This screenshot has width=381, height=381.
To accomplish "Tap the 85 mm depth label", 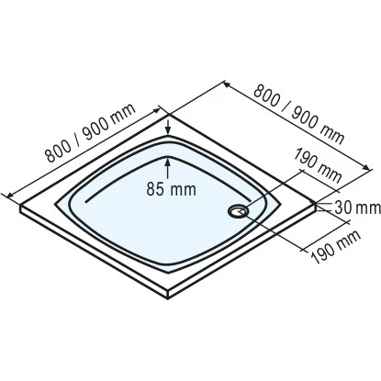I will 172,191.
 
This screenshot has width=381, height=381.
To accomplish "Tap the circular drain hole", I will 239,210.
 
